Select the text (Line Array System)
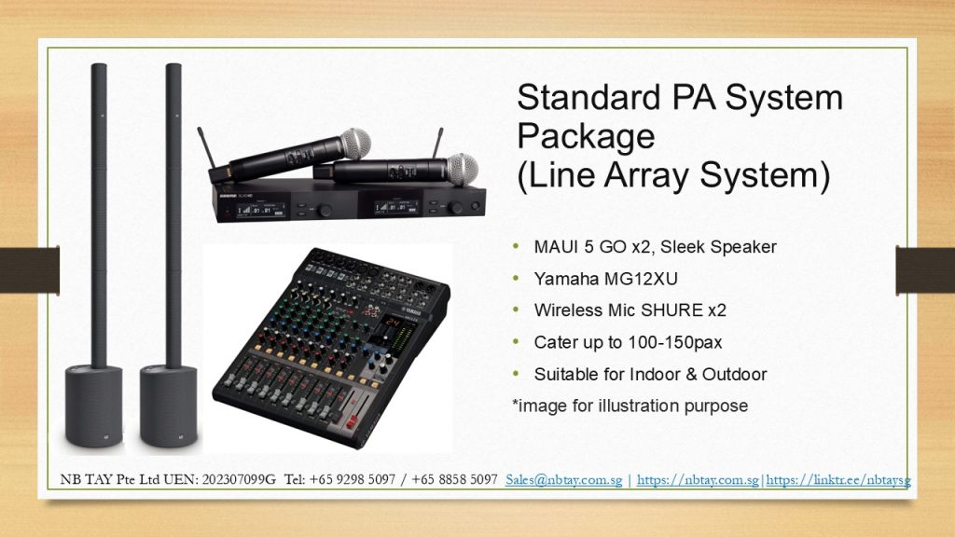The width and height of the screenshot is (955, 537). pos(673,175)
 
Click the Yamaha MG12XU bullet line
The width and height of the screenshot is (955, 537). pos(605,278)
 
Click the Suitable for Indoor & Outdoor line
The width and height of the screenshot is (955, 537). pos(650,374)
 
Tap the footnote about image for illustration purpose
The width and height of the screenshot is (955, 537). pos(630,406)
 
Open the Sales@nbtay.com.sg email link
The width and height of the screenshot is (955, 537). pos(564,480)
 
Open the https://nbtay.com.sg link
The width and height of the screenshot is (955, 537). pos(698,480)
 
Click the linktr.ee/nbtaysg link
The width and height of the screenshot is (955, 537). pos(838,480)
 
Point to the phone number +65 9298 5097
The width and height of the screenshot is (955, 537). pos(352,480)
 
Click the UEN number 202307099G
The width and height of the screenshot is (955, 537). pos(239,480)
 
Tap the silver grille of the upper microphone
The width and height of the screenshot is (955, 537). pos(355,144)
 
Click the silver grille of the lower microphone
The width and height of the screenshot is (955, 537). pos(463,169)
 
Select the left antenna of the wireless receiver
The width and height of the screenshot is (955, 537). pos(205,148)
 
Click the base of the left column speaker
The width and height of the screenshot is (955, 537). pos(94,406)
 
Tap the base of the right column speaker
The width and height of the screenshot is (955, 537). pos(169,406)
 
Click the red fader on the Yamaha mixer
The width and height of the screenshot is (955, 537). pos(352,420)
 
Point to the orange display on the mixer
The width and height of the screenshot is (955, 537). pos(392,321)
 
